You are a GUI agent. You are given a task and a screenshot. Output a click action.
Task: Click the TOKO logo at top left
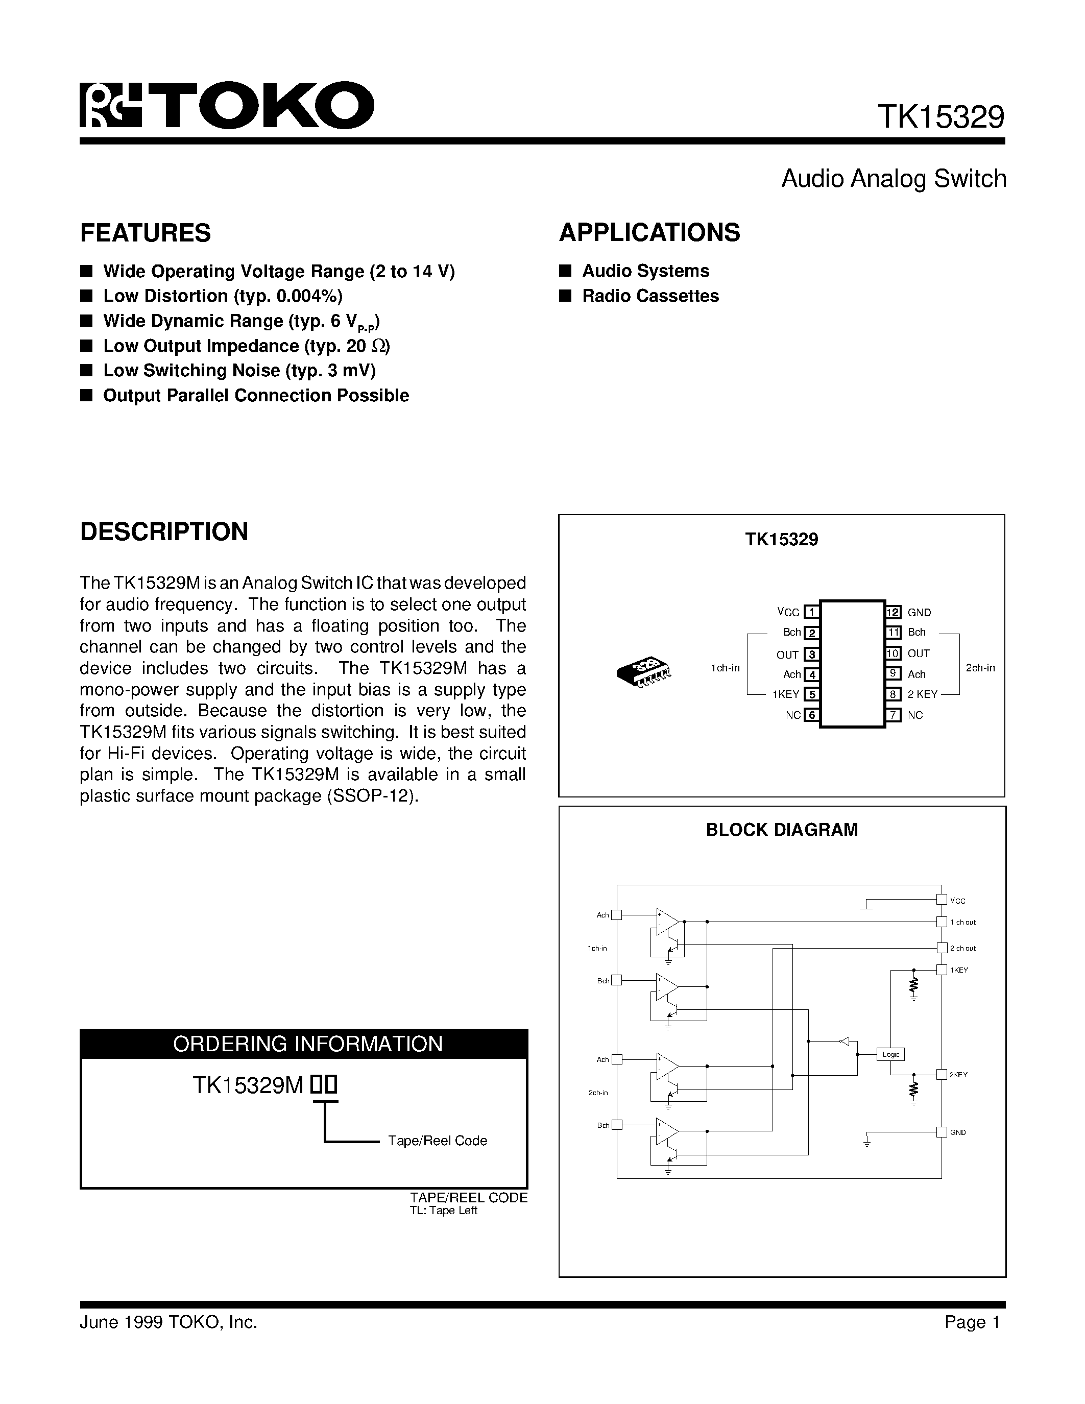pos(226,106)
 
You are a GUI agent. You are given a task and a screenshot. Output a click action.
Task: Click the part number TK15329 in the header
pos(941,117)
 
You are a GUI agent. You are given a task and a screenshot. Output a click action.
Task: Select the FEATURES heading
pos(146,233)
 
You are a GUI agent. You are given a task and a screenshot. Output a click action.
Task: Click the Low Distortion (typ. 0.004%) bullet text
pos(223,296)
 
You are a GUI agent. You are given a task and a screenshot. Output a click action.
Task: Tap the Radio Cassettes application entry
pos(650,296)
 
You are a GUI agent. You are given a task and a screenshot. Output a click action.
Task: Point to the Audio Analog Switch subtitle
pos(894,179)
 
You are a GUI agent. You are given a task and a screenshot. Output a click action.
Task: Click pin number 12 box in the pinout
pos(893,612)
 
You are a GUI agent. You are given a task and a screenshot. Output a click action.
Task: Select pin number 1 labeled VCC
pos(812,612)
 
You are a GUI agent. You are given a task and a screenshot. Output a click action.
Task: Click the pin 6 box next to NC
pos(812,715)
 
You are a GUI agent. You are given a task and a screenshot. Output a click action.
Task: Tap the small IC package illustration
pos(643,671)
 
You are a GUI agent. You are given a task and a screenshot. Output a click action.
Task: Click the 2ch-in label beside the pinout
pos(980,668)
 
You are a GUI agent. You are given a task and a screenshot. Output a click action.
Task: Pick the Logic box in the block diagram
pos(891,1054)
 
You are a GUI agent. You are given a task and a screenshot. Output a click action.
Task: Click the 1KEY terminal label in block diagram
pos(958,970)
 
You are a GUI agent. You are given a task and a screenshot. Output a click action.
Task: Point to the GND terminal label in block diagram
pos(958,1133)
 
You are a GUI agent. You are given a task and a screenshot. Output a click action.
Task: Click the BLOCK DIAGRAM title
pos(782,830)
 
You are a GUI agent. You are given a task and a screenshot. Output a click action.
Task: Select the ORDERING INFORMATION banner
pos(307,1044)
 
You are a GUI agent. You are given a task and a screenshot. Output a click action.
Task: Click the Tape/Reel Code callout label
pos(437,1141)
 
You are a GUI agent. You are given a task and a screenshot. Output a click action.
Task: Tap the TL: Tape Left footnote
pos(444,1211)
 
